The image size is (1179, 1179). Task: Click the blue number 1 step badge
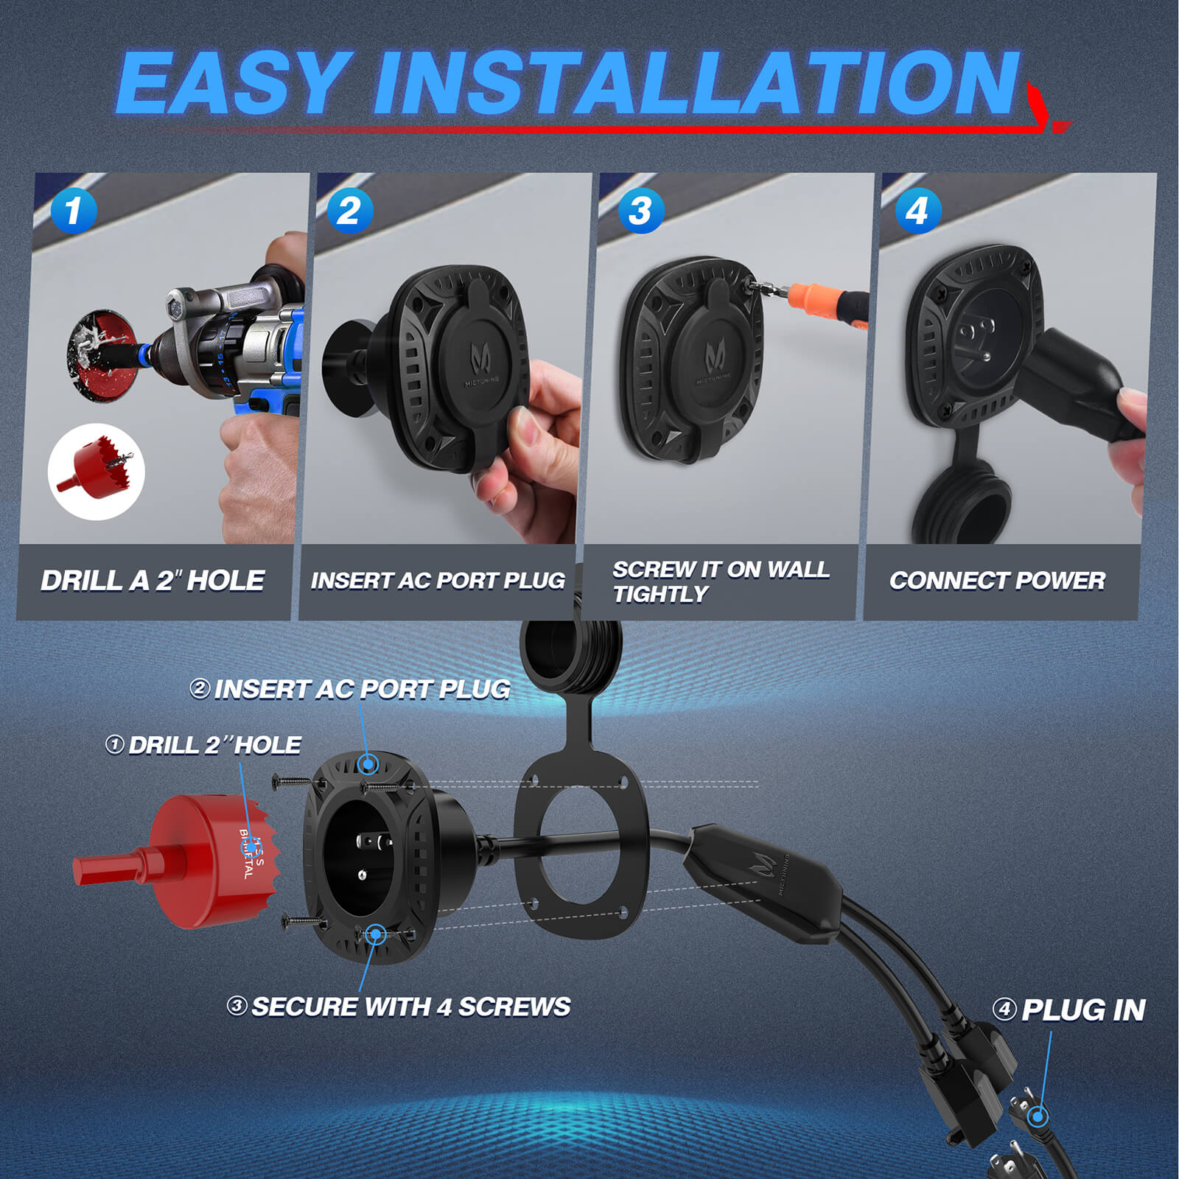(x=74, y=211)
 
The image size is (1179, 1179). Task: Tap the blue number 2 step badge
(x=349, y=211)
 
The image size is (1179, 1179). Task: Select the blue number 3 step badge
(x=641, y=211)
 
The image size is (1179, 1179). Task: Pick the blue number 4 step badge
(x=917, y=211)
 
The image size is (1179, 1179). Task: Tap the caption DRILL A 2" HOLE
(x=153, y=581)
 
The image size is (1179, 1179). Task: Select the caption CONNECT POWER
(x=997, y=581)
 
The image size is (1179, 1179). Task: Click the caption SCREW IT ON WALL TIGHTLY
(x=720, y=581)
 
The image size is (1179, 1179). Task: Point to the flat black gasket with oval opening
(x=581, y=847)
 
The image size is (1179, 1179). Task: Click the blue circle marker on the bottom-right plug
(x=1038, y=1117)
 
